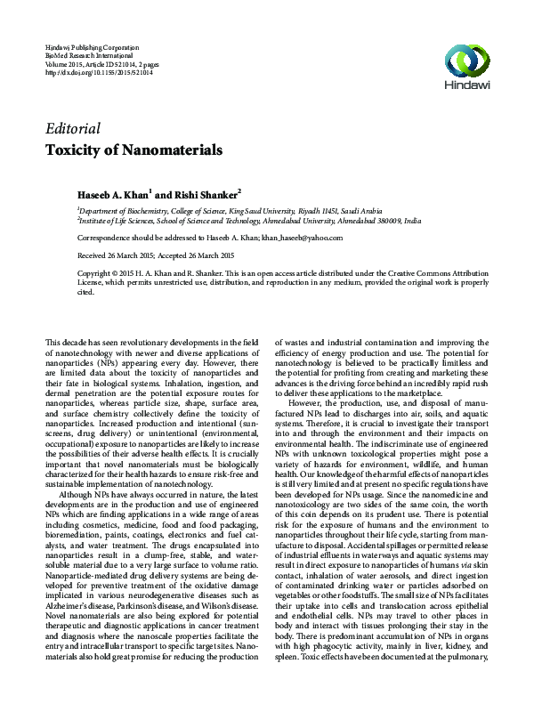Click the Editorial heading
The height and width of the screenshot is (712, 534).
72,128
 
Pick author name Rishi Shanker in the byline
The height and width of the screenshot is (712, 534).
206,193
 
